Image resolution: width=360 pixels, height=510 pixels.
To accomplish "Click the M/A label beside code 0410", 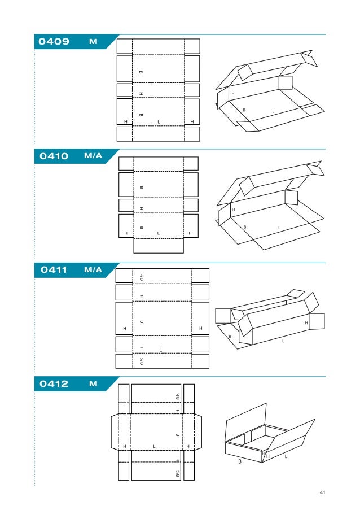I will point(93,156).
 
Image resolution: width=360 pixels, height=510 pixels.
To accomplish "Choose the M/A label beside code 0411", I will point(93,270).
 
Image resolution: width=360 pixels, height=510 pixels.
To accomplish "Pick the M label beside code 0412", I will point(93,384).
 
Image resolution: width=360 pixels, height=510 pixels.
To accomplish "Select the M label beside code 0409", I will point(93,42).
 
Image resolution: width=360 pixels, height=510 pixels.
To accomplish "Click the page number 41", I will point(323,492).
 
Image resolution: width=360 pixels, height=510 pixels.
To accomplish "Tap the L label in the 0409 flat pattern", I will point(159,122).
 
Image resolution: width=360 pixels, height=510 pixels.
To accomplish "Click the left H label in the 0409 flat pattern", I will point(125,122).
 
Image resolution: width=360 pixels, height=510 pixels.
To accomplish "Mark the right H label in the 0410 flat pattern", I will point(191,233).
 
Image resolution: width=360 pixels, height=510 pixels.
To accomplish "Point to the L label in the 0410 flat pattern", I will point(159,233).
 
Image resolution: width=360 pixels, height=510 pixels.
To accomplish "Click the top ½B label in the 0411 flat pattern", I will point(142,276).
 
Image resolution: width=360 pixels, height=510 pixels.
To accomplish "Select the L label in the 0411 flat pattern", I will point(161,350).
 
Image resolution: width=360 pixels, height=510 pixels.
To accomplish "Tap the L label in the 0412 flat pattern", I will point(154,447).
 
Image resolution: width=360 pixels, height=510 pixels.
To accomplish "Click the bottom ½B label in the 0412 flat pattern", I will point(177,472).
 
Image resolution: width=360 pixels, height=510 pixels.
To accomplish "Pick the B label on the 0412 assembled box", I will point(240,461).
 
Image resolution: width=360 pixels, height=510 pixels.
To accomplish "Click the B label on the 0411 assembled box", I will point(230,337).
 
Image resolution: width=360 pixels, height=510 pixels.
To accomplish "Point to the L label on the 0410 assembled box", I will point(278,228).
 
